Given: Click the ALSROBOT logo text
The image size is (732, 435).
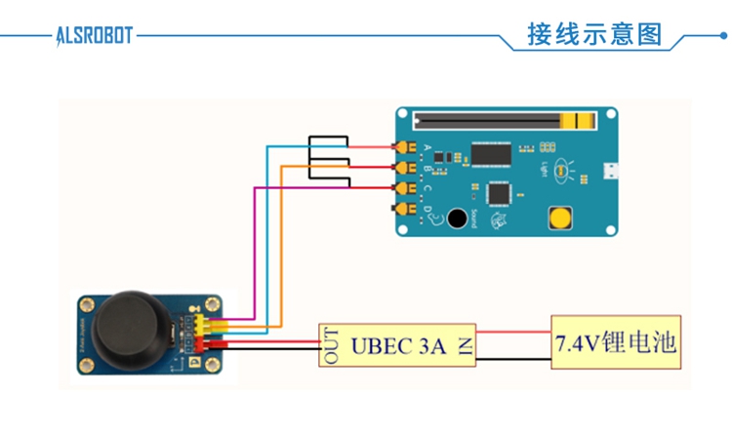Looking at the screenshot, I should (x=94, y=36).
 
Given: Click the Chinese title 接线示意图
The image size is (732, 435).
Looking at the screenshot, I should (x=594, y=35).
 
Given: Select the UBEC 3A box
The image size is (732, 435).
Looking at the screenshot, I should (x=398, y=344).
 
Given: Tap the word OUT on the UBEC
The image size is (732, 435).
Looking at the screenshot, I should (x=332, y=344).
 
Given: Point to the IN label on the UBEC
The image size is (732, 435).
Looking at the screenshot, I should (x=465, y=344).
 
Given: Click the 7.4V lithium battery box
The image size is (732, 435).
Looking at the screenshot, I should (x=615, y=343).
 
